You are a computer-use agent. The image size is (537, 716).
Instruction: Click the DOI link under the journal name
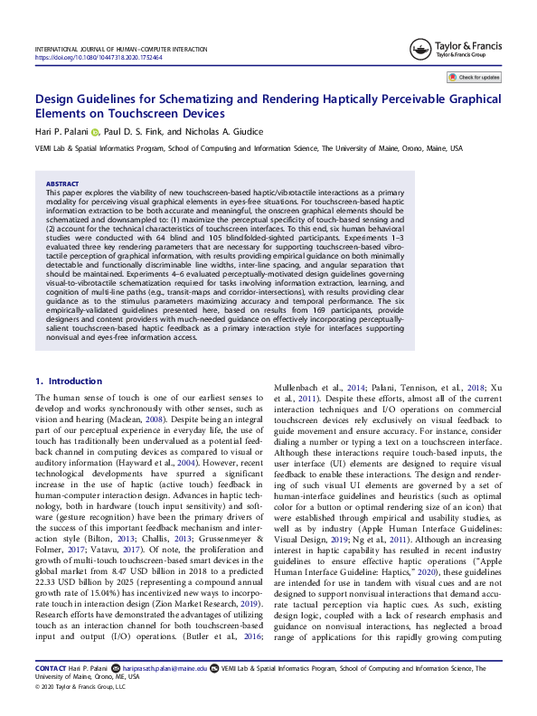[99, 56]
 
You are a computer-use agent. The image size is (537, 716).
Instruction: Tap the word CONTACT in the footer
[51, 694]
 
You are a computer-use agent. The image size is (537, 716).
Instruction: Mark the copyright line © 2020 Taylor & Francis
[80, 711]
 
